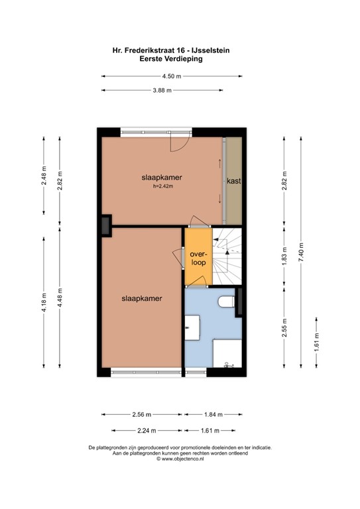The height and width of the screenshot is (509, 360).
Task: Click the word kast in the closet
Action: pyautogui.click(x=233, y=181)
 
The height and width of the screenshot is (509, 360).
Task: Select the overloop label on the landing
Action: pyautogui.click(x=198, y=258)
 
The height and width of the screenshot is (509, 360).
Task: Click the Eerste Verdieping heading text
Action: pyautogui.click(x=171, y=58)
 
